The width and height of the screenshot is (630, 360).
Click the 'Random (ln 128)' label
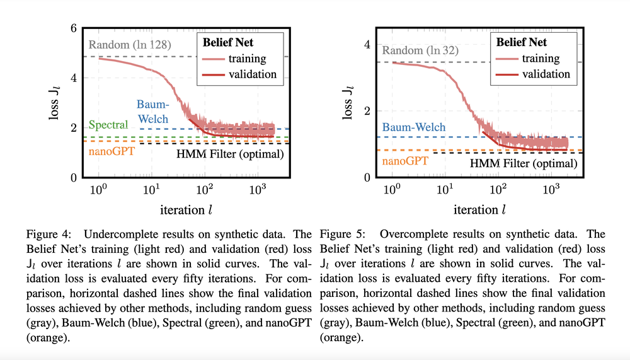[130, 45]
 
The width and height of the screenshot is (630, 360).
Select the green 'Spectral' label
[108, 124]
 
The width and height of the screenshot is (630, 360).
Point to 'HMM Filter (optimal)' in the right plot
[524, 163]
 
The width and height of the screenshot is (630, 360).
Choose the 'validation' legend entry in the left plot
[253, 74]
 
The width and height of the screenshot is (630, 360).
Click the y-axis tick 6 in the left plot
[73, 28]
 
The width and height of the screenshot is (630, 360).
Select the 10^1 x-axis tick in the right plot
[445, 190]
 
